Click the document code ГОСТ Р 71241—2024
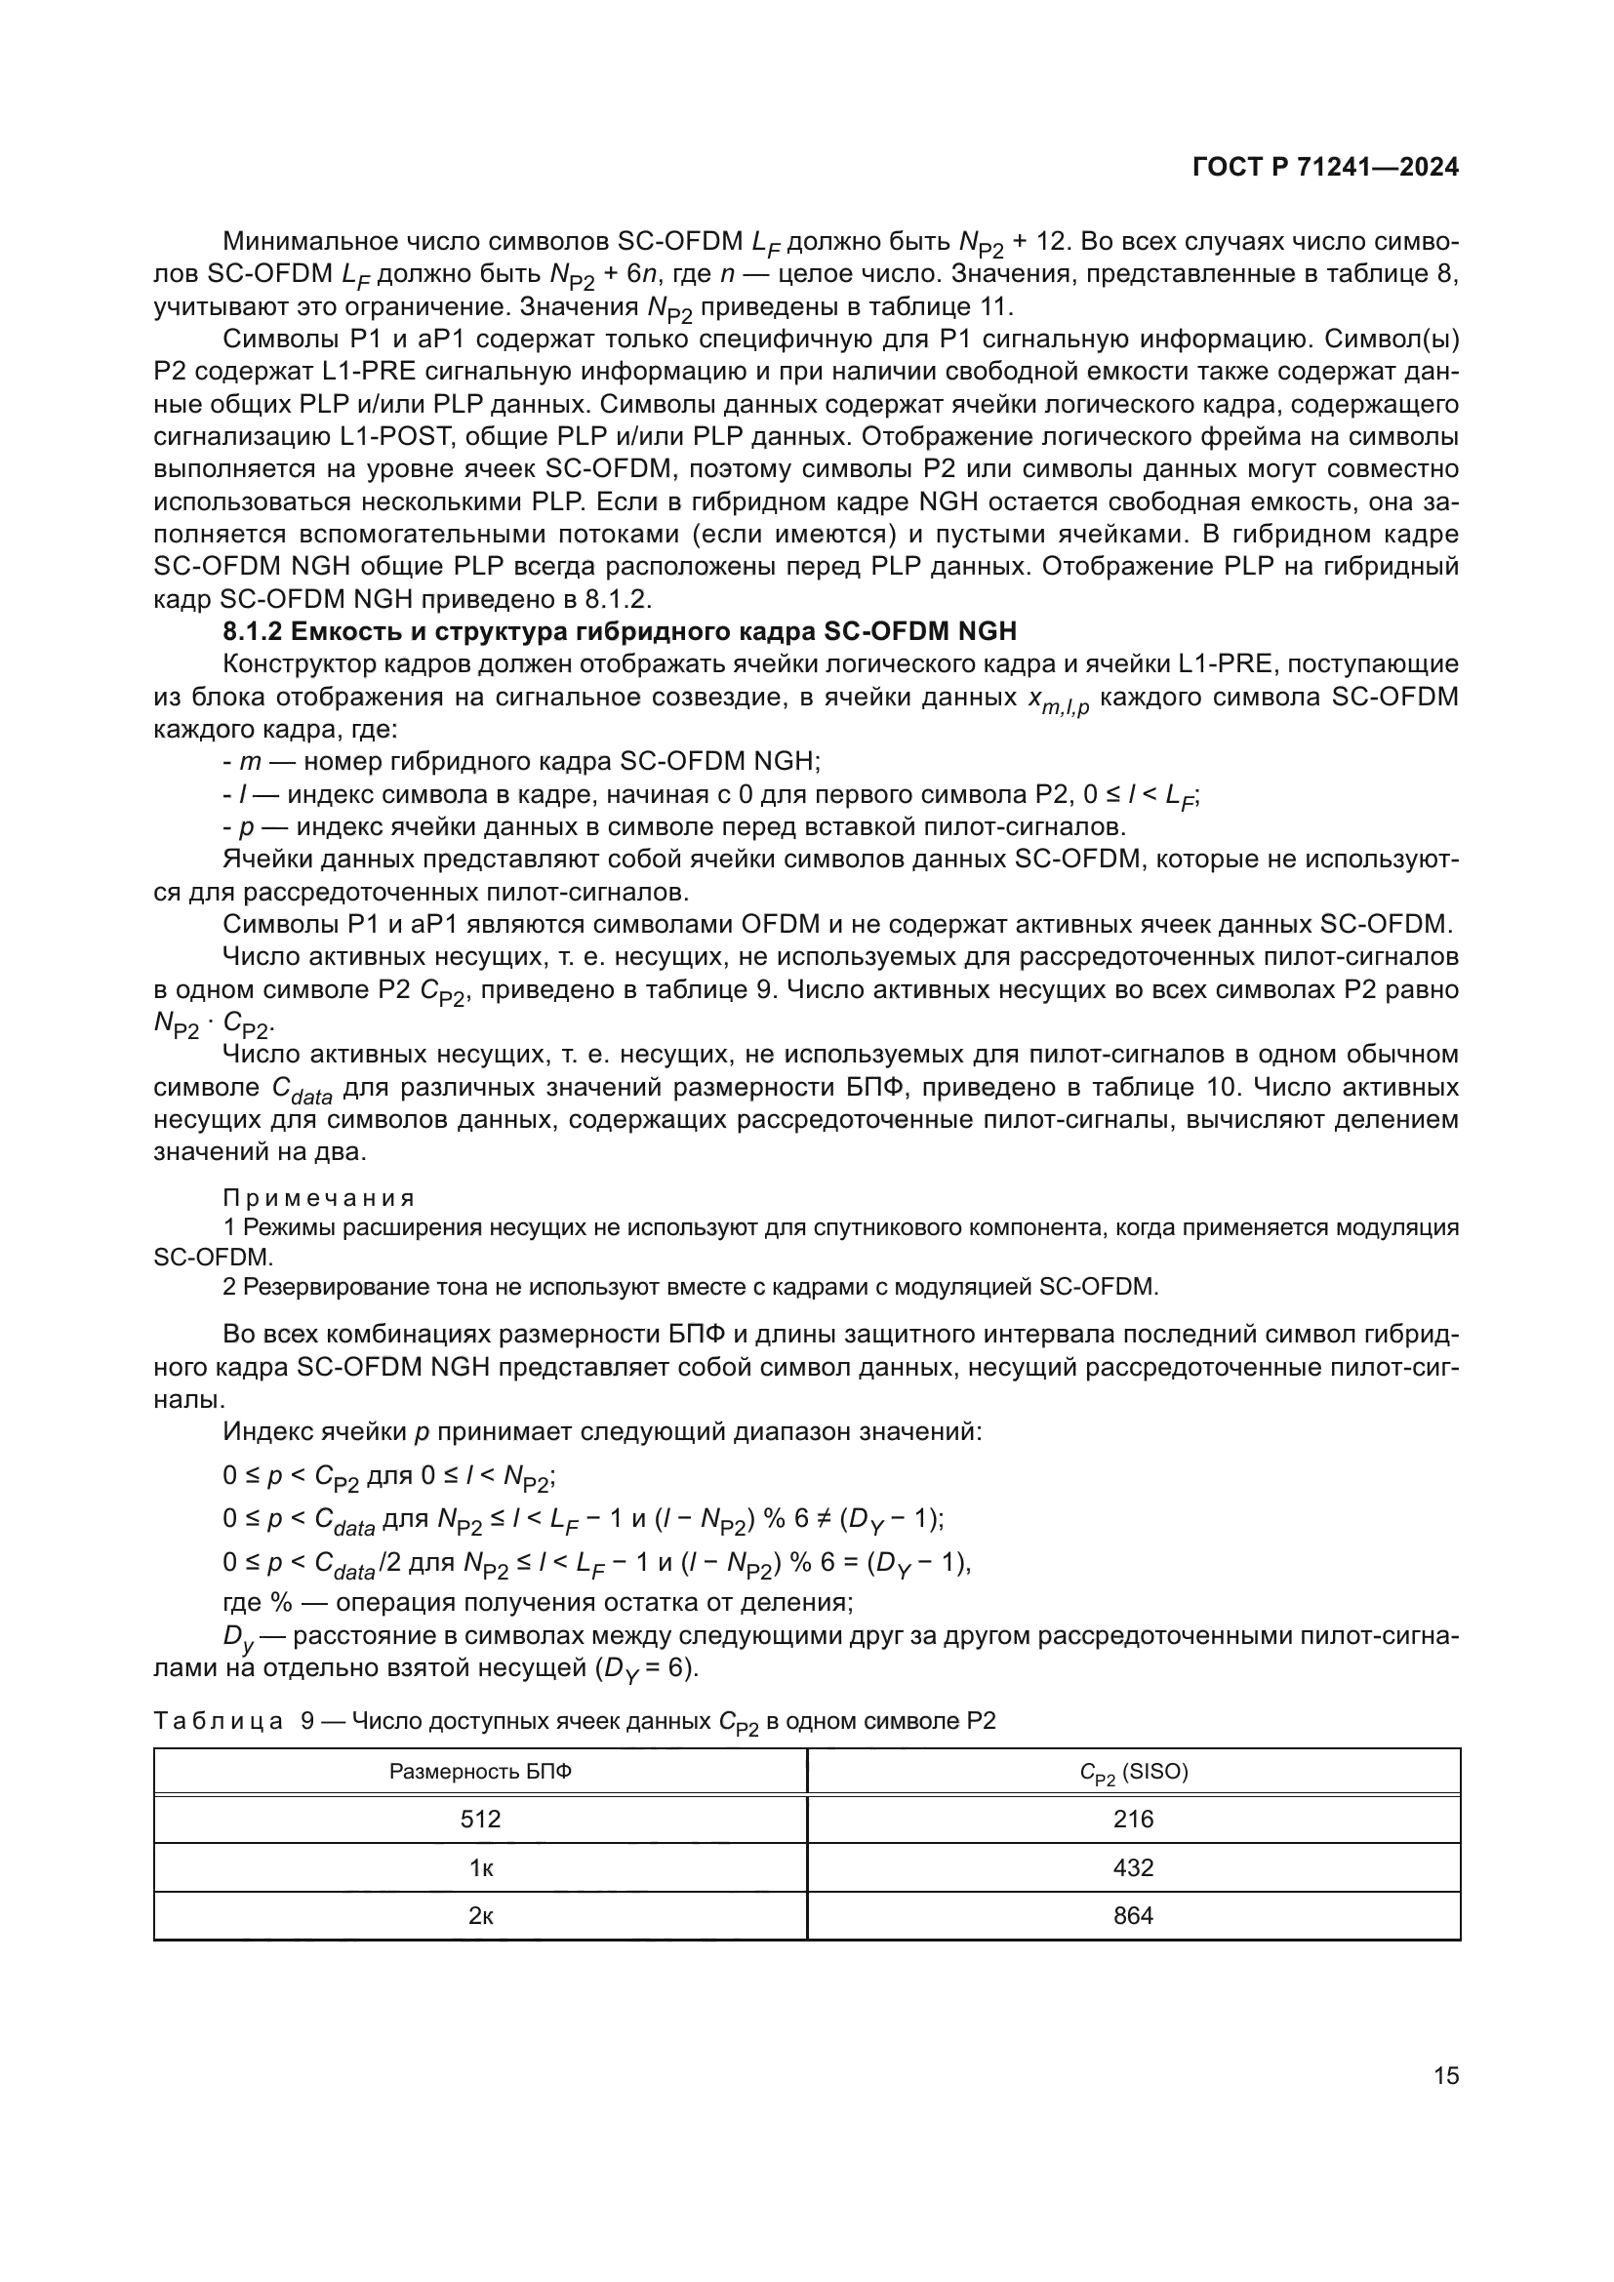[x=1325, y=168]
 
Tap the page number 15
[x=1446, y=2075]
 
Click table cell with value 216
[x=1133, y=1819]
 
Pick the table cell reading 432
[x=1133, y=1867]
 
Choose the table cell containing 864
[x=1133, y=1915]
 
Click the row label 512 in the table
[x=480, y=1819]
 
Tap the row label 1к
[x=480, y=1867]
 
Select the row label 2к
[x=480, y=1915]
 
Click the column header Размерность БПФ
[x=480, y=1771]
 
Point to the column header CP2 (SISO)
[x=1133, y=1772]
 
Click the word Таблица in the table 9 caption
[x=219, y=1720]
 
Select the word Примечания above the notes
[x=318, y=1198]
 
